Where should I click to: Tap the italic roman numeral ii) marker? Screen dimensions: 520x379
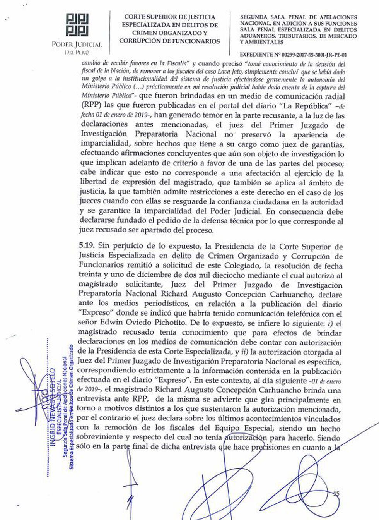coord(246,352)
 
